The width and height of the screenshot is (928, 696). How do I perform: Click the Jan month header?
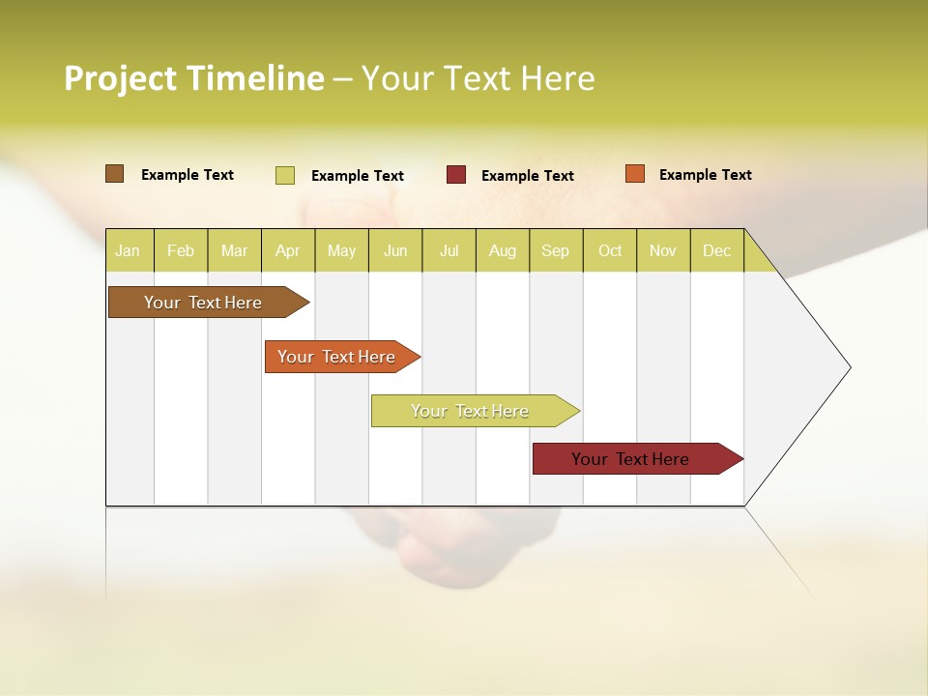pos(128,250)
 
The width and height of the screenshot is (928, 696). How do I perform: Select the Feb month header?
pos(181,250)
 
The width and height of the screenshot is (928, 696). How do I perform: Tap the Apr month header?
pos(287,250)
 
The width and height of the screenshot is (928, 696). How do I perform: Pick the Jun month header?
pos(395,250)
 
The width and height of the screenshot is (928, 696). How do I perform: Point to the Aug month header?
pos(502,250)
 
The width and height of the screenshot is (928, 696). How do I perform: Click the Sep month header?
pos(555,250)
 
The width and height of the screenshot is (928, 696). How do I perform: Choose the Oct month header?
pos(610,250)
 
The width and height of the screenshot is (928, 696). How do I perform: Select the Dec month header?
pos(716,250)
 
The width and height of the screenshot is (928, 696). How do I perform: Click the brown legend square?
pos(115,174)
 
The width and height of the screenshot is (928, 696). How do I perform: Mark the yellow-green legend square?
pos(285,175)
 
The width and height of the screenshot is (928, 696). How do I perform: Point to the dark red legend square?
pos(456,175)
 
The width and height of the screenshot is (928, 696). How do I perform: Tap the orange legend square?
pos(635,174)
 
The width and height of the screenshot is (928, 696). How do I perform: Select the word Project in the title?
pos(120,78)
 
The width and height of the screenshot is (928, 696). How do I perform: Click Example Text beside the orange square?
pos(705,175)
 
